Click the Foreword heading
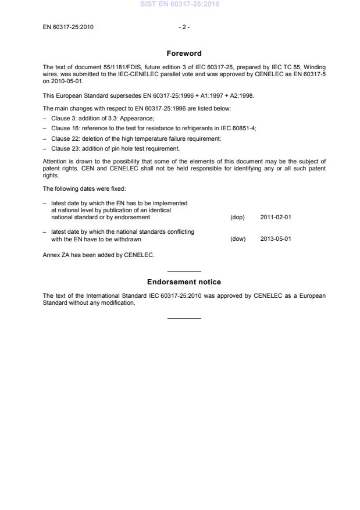click(184, 54)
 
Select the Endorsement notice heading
click(184, 282)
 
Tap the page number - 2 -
click(184, 27)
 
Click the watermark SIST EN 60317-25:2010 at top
click(180, 5)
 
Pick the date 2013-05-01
click(276, 239)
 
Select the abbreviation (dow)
click(238, 239)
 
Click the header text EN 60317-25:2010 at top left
click(68, 27)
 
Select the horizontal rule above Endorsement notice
click(184, 272)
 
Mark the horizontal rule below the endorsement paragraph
click(184, 318)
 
